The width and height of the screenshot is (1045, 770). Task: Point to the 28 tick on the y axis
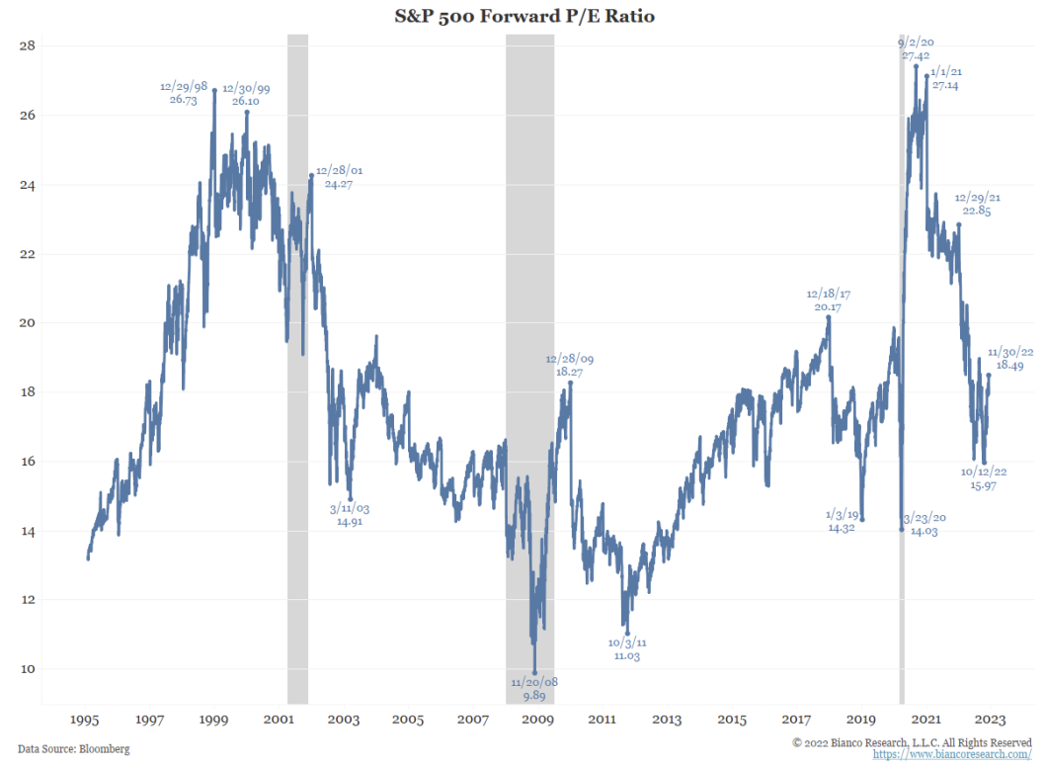click(28, 45)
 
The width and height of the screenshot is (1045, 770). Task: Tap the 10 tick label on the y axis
click(28, 669)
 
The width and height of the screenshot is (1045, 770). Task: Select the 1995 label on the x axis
click(84, 720)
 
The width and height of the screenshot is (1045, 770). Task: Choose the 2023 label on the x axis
click(991, 720)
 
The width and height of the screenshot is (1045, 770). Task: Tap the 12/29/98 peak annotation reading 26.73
click(185, 93)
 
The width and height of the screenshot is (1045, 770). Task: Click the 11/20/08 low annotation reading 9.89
click(535, 689)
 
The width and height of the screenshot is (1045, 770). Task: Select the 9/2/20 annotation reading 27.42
click(916, 50)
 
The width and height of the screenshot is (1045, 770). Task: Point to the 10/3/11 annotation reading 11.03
click(626, 649)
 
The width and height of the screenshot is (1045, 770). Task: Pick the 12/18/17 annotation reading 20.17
click(829, 300)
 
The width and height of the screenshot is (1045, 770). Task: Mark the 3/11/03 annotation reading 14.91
click(350, 515)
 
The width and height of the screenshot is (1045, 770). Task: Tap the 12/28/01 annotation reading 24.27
click(338, 177)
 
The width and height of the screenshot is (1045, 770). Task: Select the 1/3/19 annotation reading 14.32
click(841, 521)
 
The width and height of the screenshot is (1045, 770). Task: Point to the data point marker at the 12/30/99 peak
click(247, 112)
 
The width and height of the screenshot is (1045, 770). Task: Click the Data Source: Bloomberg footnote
click(73, 749)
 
